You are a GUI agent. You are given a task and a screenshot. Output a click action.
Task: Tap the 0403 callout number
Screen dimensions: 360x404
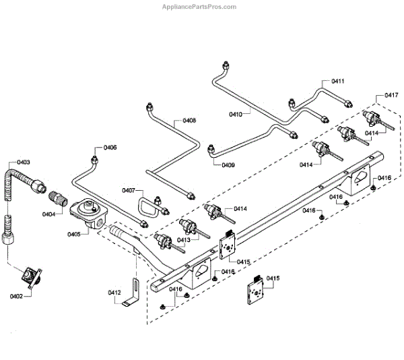coord(24,162)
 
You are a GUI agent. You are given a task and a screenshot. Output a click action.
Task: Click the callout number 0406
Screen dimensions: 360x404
coord(110,147)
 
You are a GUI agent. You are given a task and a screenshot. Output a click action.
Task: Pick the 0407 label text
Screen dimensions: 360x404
coord(129,191)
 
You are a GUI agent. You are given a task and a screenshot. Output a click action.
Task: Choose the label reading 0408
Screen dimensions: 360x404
coord(189,121)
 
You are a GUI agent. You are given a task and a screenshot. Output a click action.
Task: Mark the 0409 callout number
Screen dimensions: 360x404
coord(227,164)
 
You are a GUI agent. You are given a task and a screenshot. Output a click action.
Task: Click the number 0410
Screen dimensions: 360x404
coord(235,115)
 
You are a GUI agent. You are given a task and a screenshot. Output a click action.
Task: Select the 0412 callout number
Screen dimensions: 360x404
coord(114,292)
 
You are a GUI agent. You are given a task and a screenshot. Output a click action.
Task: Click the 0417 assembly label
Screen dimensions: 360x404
coord(391,96)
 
